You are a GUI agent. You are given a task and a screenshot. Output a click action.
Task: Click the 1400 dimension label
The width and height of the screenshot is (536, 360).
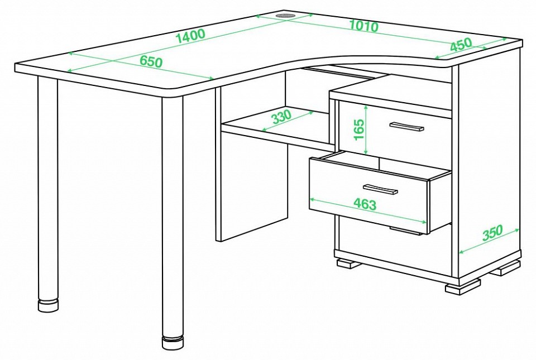(x=190, y=36)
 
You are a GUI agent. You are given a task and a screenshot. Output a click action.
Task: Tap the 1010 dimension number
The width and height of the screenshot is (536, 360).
(x=364, y=26)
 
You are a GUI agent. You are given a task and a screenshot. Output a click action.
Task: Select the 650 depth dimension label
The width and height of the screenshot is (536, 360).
(x=151, y=61)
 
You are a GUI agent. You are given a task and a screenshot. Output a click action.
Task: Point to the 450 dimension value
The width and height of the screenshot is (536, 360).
(x=461, y=45)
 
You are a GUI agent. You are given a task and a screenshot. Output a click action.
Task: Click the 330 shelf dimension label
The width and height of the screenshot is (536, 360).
(x=281, y=117)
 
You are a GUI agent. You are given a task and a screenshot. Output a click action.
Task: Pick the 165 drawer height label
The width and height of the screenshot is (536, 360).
(x=358, y=130)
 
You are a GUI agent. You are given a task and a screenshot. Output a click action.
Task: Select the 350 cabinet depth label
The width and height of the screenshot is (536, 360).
(x=492, y=233)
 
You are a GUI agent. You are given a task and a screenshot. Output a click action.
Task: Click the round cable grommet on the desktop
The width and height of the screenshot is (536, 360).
(x=286, y=16)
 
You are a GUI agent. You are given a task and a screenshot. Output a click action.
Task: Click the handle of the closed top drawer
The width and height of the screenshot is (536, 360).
(x=406, y=126)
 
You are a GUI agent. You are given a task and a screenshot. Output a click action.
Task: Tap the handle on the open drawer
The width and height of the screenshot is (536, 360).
(x=380, y=189)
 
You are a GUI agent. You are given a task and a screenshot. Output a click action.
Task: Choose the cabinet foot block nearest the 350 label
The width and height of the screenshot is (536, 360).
(x=506, y=268)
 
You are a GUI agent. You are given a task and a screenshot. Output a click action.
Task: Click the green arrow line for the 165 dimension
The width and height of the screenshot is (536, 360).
(x=366, y=130)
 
